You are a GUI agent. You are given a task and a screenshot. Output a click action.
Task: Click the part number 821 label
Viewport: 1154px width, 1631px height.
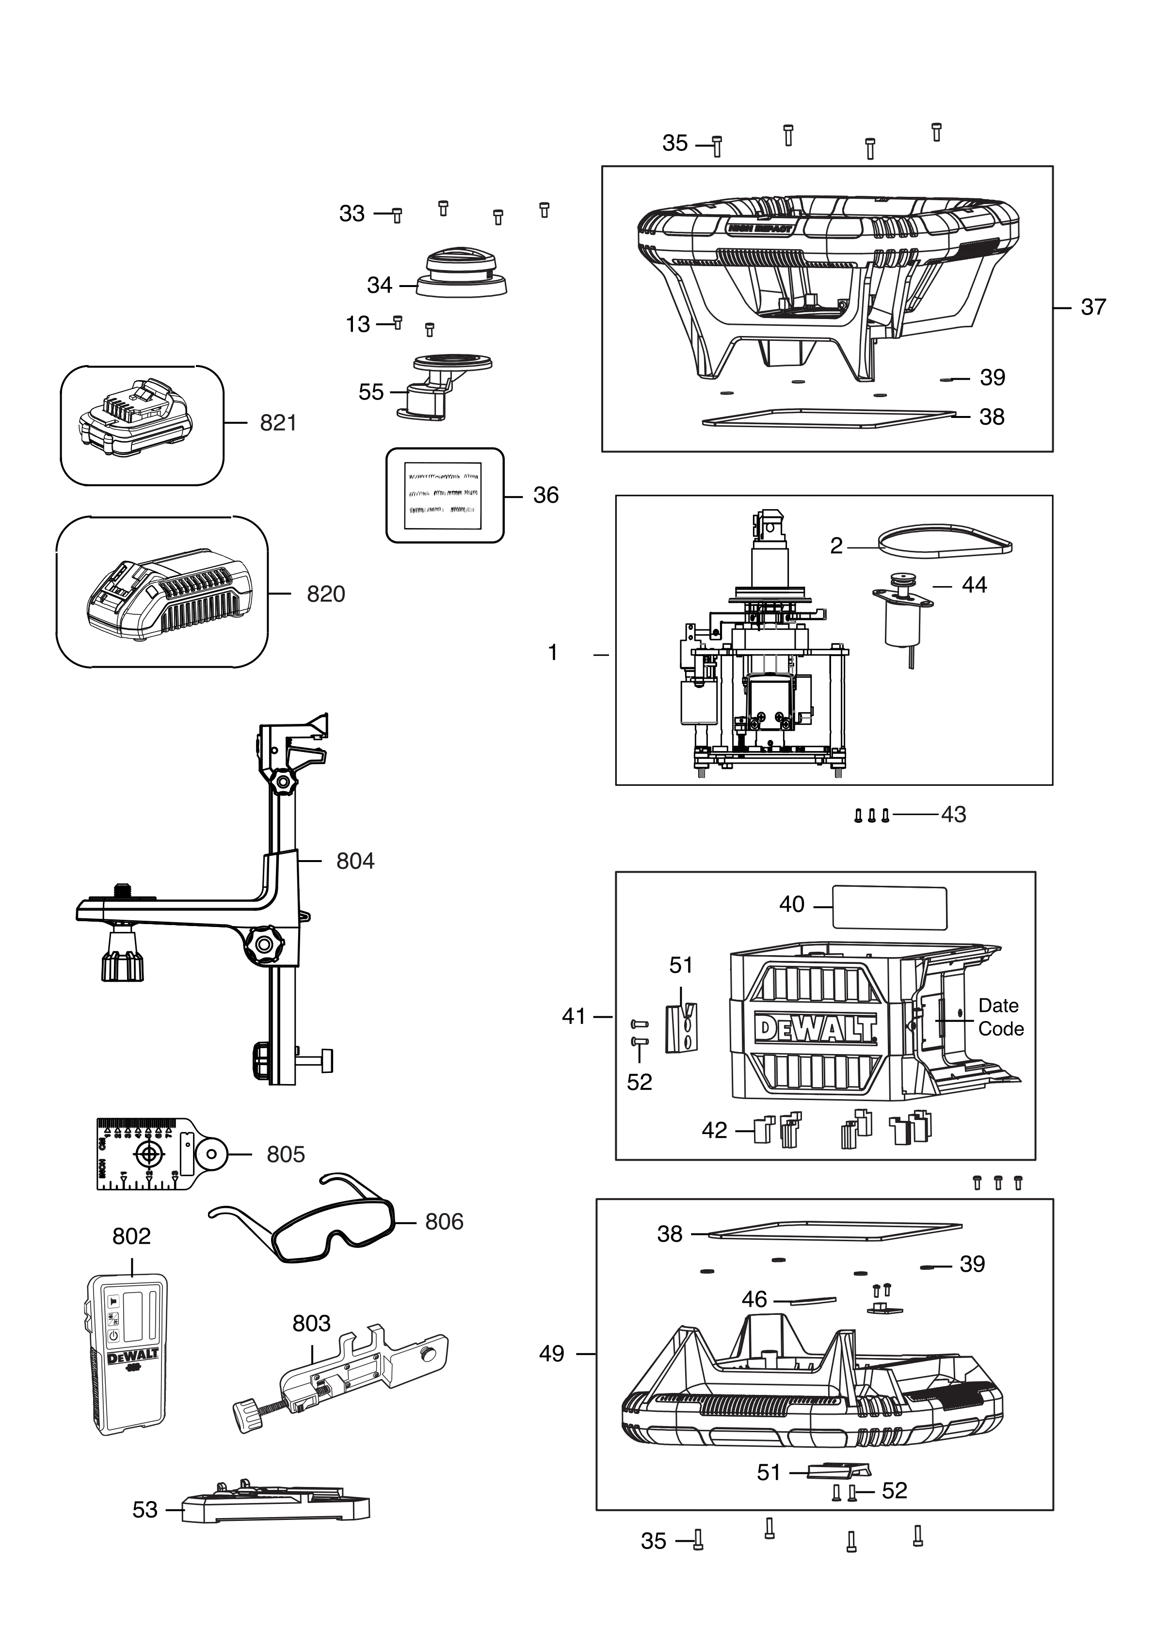click(278, 423)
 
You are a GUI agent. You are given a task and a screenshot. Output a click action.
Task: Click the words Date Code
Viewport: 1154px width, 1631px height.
click(1000, 1017)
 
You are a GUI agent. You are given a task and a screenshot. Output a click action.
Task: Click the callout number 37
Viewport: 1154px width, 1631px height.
click(1093, 307)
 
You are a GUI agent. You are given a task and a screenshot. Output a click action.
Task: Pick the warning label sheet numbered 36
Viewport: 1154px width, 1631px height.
click(444, 495)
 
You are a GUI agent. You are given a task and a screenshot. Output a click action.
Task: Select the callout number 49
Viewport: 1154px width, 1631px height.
click(551, 1354)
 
